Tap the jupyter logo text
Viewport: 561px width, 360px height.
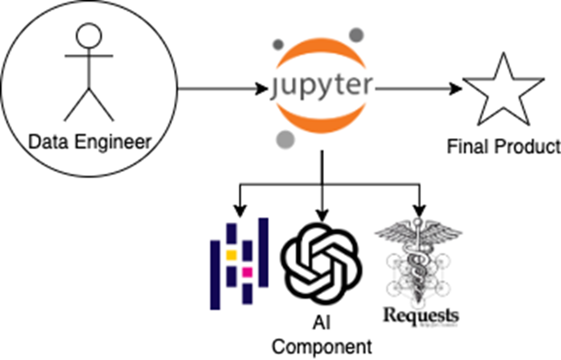click(321, 87)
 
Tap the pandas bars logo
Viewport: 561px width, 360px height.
click(239, 263)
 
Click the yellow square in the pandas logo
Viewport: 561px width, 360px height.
click(231, 254)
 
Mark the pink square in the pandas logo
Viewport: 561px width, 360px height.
click(247, 272)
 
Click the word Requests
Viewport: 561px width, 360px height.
click(421, 315)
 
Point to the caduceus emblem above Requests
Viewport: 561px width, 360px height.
click(418, 258)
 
